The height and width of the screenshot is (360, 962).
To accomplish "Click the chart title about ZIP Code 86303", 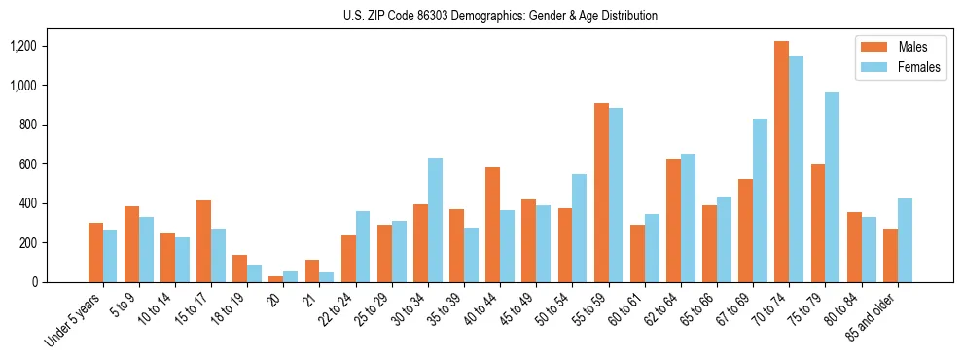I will [500, 16].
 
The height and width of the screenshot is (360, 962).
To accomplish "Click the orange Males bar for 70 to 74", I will [781, 162].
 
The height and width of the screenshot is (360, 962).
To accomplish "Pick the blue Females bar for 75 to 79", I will [832, 188].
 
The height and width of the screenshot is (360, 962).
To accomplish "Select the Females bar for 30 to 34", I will [435, 220].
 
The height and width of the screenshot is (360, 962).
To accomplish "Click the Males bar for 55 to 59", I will [601, 193].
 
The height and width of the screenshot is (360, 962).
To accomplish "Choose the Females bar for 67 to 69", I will [760, 200].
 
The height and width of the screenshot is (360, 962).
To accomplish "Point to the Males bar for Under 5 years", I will [95, 253].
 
